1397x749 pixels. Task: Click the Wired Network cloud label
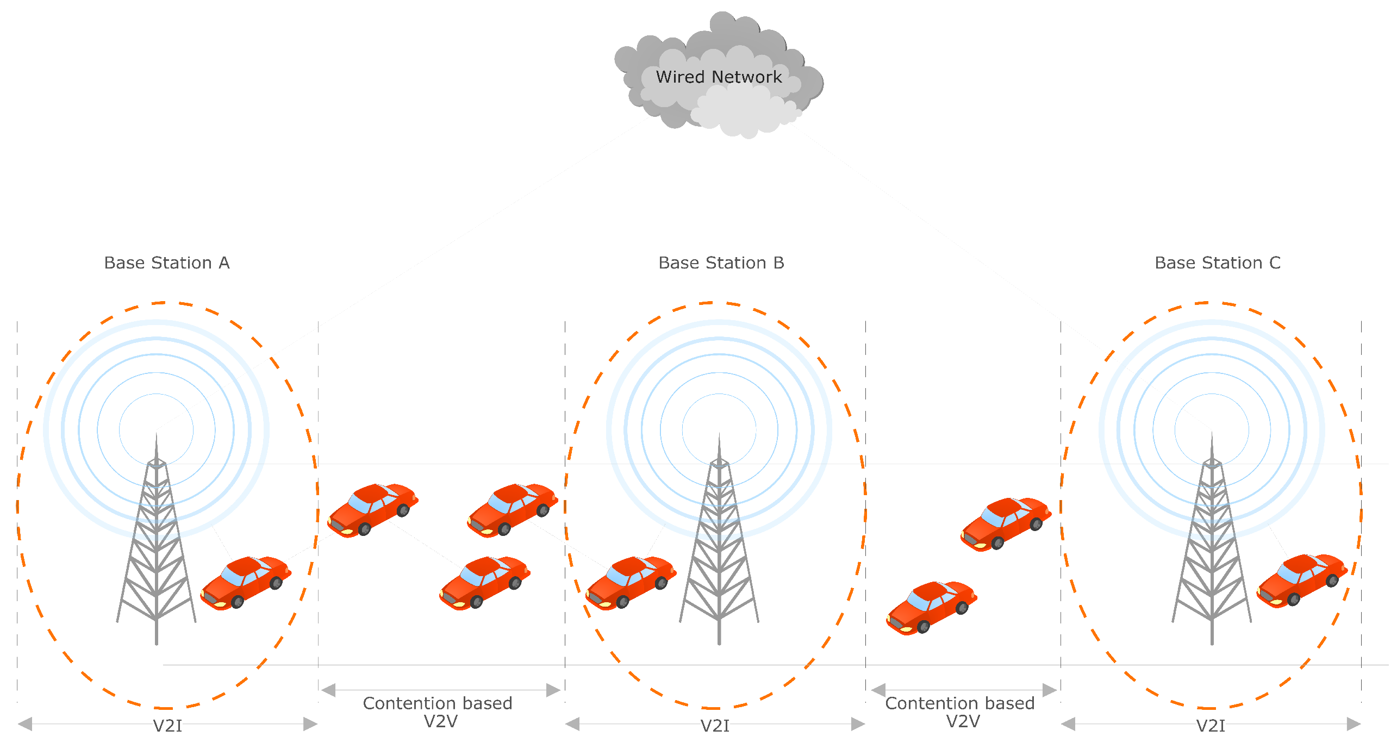click(x=718, y=77)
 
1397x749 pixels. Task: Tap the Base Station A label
click(x=167, y=263)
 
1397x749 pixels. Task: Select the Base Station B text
click(x=721, y=263)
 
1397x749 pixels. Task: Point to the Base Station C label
click(x=1217, y=263)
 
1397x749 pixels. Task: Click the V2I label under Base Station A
click(x=167, y=726)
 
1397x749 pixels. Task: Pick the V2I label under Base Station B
click(x=714, y=726)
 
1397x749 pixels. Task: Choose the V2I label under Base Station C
click(x=1211, y=726)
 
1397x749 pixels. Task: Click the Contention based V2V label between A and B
click(x=438, y=712)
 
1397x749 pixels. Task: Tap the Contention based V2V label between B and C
click(x=960, y=712)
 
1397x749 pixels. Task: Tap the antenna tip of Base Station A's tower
click(x=157, y=435)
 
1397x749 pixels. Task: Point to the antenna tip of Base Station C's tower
click(x=1212, y=435)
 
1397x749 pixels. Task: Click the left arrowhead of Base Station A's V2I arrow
click(x=25, y=724)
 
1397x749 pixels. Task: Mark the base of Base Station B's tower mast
click(x=719, y=641)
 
